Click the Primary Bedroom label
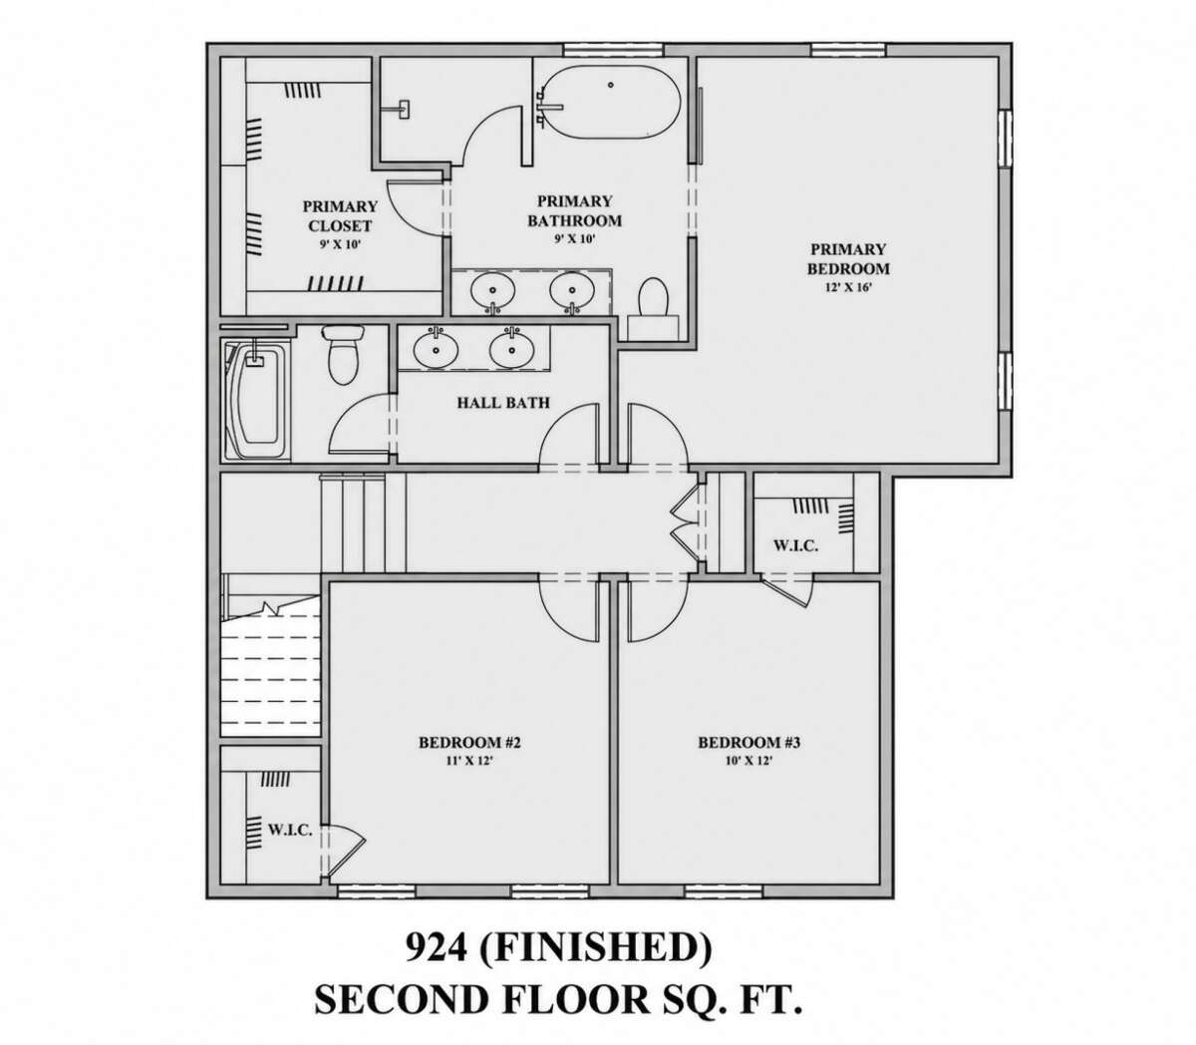(848, 259)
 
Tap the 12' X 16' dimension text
(849, 287)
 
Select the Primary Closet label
(340, 215)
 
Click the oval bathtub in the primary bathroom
(610, 103)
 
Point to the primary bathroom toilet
(653, 307)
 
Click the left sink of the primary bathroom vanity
(492, 289)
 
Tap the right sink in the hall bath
(512, 349)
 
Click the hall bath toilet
(344, 354)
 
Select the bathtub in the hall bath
(254, 402)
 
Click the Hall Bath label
(503, 402)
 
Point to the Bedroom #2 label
(469, 743)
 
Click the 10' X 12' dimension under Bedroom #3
(748, 760)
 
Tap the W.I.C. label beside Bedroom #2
(290, 830)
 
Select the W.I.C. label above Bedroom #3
(795, 546)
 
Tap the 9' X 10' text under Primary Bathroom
(575, 238)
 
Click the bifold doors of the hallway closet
(685, 522)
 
